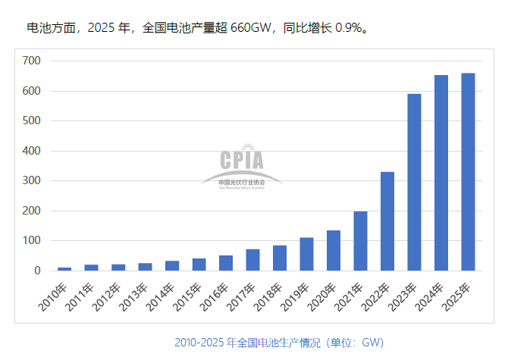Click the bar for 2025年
(468, 172)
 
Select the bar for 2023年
(414, 182)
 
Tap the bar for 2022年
(387, 221)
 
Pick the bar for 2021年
(360, 241)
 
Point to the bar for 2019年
(306, 254)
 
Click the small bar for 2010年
(64, 268)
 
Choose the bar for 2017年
(252, 260)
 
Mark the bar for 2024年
(441, 173)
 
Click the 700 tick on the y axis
(31, 61)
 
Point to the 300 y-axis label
(31, 181)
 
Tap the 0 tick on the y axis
(36, 271)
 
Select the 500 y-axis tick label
(31, 121)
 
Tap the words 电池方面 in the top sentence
(50, 29)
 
